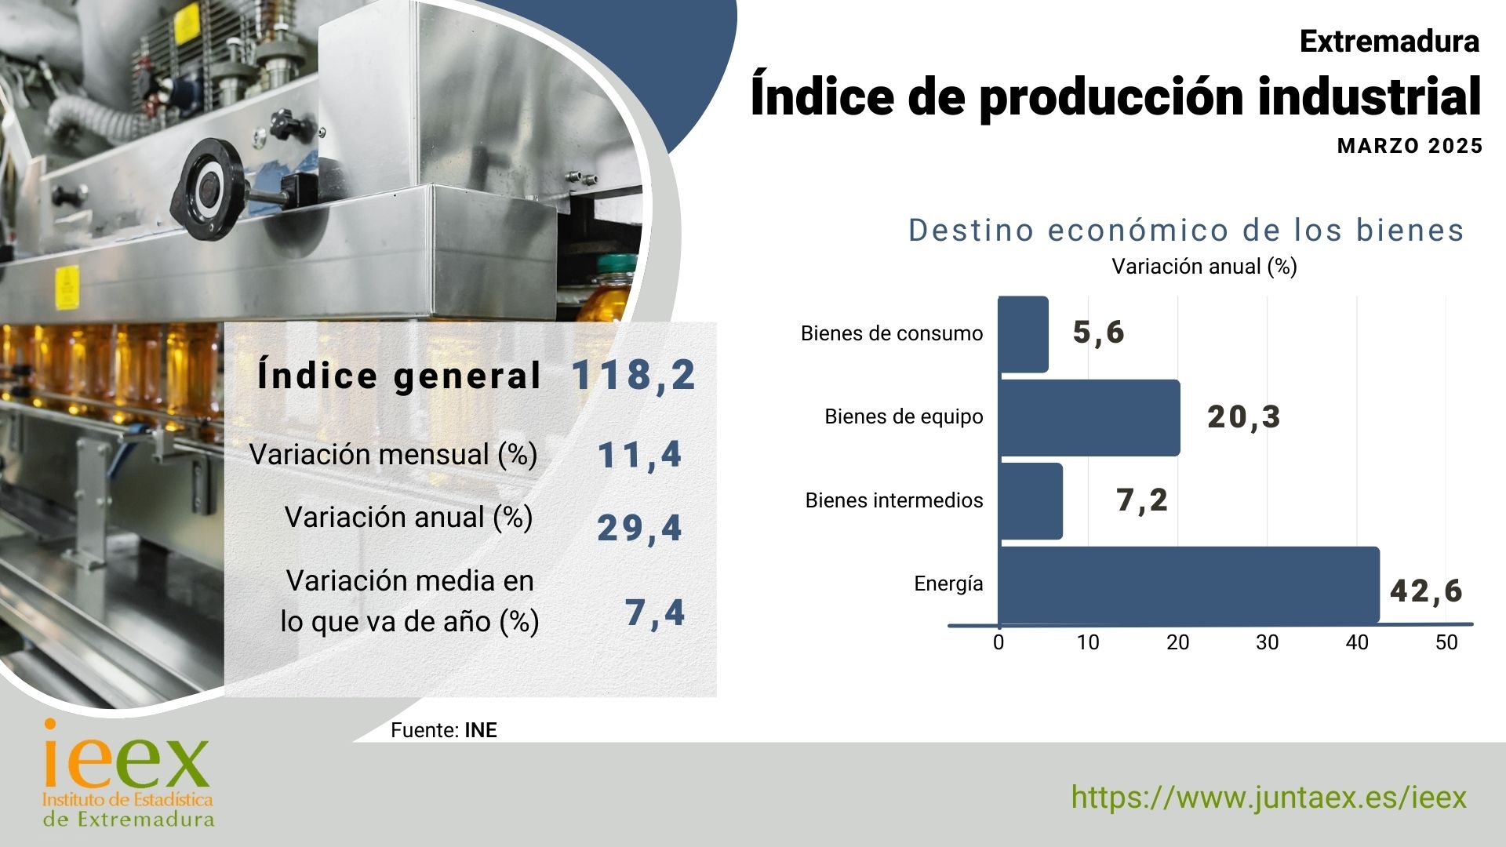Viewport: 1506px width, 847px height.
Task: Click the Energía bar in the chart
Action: (1188, 584)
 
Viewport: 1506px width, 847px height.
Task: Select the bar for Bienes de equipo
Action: (1089, 418)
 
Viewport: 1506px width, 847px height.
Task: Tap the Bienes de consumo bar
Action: (1023, 334)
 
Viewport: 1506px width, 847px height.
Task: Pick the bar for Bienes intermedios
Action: (1030, 501)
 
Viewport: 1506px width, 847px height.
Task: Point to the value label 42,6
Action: (1426, 591)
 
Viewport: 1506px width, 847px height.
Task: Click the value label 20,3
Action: (1244, 417)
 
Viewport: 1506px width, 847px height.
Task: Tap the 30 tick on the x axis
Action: (1268, 642)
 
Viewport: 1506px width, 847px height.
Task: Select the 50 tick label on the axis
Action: (1446, 642)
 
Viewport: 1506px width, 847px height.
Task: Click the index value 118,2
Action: (634, 375)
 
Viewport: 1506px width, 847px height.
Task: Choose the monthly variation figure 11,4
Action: (639, 456)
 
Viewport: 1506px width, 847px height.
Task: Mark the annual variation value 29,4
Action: (639, 528)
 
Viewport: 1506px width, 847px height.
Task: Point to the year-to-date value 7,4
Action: (655, 613)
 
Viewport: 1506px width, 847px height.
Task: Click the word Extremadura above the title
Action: (1389, 42)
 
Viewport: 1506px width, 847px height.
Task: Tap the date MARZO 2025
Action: (1410, 146)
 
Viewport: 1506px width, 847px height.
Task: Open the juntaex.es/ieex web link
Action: (1268, 798)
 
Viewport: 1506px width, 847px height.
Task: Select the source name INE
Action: (481, 730)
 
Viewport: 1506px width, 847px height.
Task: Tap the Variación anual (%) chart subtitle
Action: (1204, 267)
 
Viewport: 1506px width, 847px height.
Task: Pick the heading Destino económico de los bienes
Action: (1186, 231)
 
